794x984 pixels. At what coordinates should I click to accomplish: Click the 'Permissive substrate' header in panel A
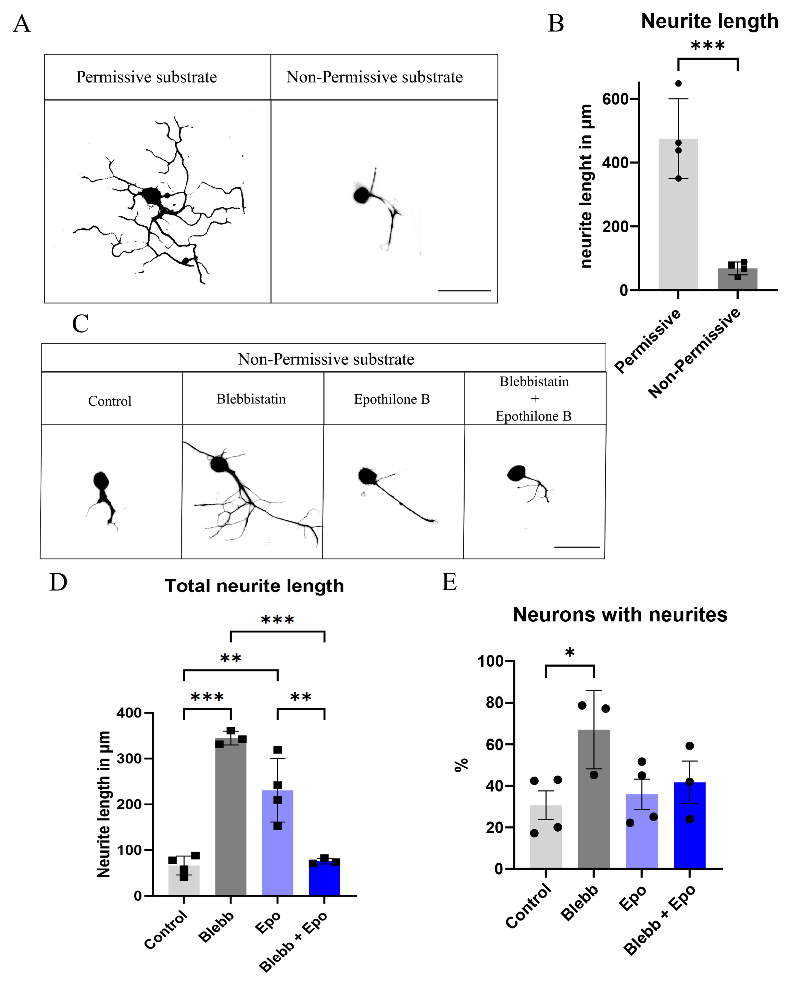pos(146,77)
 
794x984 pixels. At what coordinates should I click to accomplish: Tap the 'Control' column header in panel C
pos(110,401)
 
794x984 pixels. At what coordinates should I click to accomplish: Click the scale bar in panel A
pos(464,290)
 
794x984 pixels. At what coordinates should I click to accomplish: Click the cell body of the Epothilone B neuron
pos(367,476)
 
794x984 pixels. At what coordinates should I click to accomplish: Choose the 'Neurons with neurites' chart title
pos(620,614)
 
